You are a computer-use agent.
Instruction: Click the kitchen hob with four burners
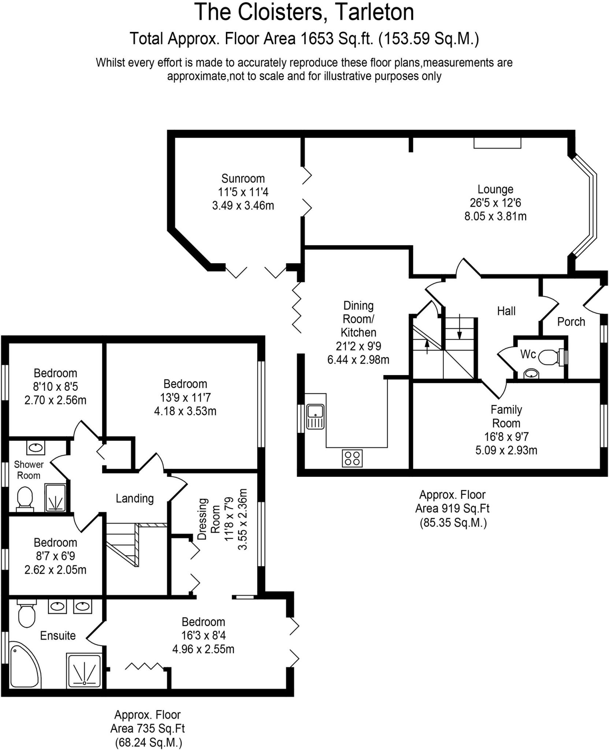[352, 458]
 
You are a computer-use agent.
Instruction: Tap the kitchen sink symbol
[315, 416]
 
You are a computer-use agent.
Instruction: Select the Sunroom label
[243, 179]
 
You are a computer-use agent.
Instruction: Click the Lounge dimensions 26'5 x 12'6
[495, 203]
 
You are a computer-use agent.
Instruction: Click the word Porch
[571, 322]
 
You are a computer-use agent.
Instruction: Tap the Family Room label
[506, 416]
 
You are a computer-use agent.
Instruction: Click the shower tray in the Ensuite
[85, 670]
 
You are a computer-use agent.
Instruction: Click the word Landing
[134, 498]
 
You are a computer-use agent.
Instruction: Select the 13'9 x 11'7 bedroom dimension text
[185, 397]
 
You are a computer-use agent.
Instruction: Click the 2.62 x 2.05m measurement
[55, 570]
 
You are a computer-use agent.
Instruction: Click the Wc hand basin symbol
[531, 374]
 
